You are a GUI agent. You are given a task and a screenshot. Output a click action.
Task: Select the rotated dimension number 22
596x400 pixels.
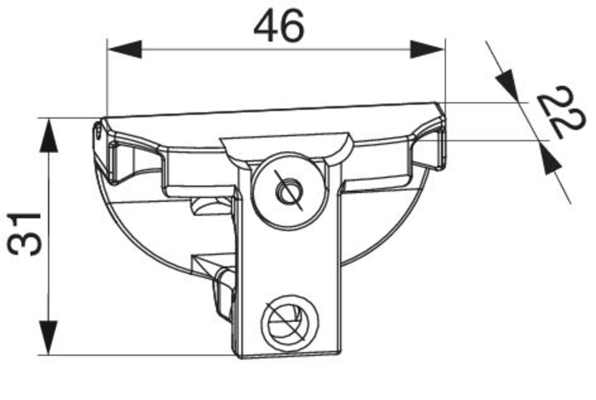[x=562, y=113]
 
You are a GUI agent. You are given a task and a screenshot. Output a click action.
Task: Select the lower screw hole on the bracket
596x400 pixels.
[x=289, y=322]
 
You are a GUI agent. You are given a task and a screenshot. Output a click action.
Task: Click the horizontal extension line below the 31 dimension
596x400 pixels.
[x=140, y=355]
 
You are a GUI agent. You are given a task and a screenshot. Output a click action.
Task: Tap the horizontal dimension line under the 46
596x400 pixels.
[x=275, y=49]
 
